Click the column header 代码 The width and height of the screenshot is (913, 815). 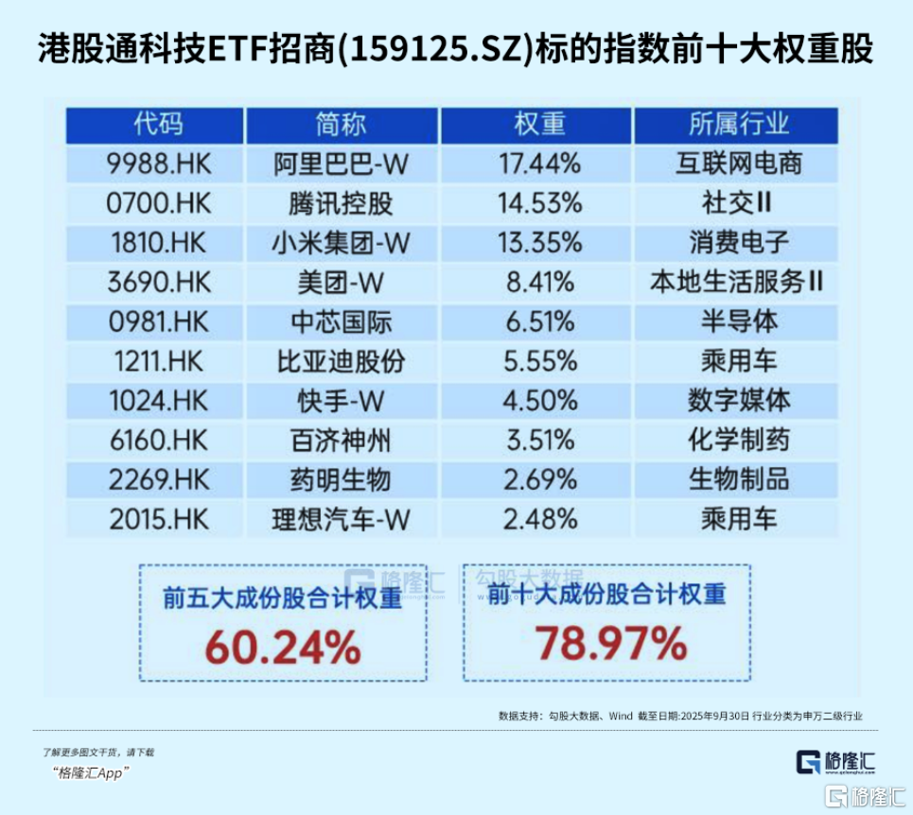tap(158, 125)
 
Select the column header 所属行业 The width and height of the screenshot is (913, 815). tap(738, 125)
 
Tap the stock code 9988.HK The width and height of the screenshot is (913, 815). tap(158, 164)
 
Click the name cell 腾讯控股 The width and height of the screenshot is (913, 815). tap(341, 203)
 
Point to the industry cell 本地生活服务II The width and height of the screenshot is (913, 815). tap(738, 282)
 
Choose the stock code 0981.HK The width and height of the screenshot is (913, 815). tap(158, 321)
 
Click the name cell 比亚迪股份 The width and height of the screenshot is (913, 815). tap(341, 361)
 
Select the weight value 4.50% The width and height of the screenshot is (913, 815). tap(537, 401)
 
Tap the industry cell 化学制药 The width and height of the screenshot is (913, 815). tap(738, 440)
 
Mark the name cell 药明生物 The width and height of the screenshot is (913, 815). tap(341, 479)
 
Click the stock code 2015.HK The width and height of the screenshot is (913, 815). tap(158, 519)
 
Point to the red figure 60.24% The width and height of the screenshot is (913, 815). tap(283, 648)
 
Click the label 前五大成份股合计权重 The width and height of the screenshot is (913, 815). tap(282, 600)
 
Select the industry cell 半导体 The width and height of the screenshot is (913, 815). tap(738, 321)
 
